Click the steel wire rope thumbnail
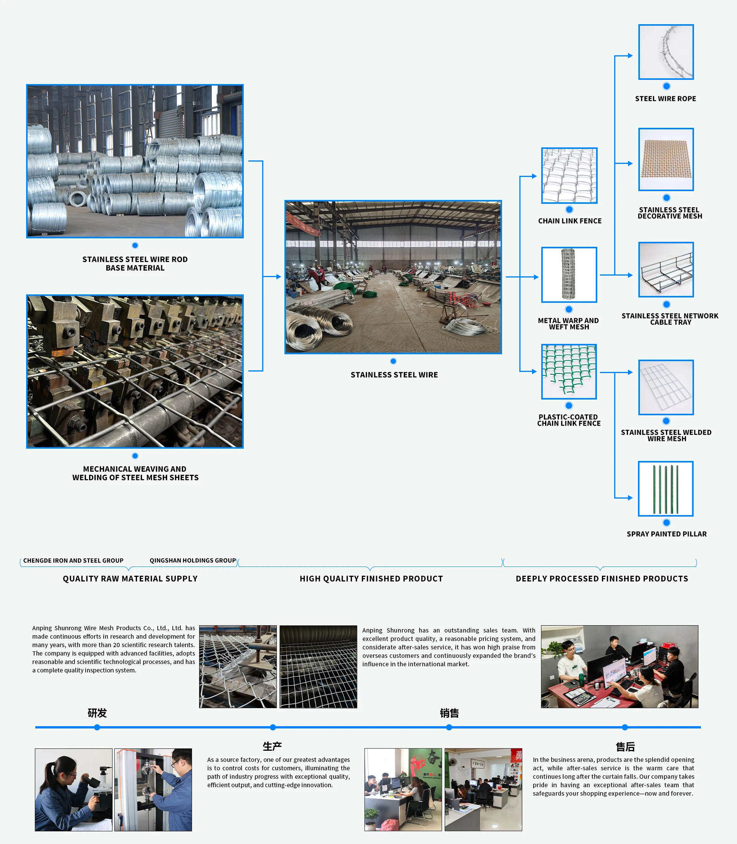(x=666, y=52)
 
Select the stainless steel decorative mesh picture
(x=666, y=159)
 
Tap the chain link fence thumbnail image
(x=569, y=176)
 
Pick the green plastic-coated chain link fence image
(x=569, y=372)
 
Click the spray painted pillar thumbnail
(x=666, y=489)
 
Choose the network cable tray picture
(x=666, y=269)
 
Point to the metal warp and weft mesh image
(x=569, y=275)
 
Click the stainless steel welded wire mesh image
(x=666, y=387)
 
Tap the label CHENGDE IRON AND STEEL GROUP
(x=73, y=561)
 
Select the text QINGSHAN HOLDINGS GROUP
(x=192, y=561)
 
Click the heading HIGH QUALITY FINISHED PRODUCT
(x=371, y=579)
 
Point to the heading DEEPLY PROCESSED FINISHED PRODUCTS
(x=602, y=579)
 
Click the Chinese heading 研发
(x=97, y=713)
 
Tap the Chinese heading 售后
(x=625, y=747)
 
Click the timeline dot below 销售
(x=449, y=727)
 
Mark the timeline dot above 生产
(x=273, y=727)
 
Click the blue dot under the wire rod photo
(x=135, y=246)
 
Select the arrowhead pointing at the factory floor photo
(x=278, y=277)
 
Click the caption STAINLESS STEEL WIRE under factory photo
(x=394, y=375)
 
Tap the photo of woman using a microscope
(x=74, y=790)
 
